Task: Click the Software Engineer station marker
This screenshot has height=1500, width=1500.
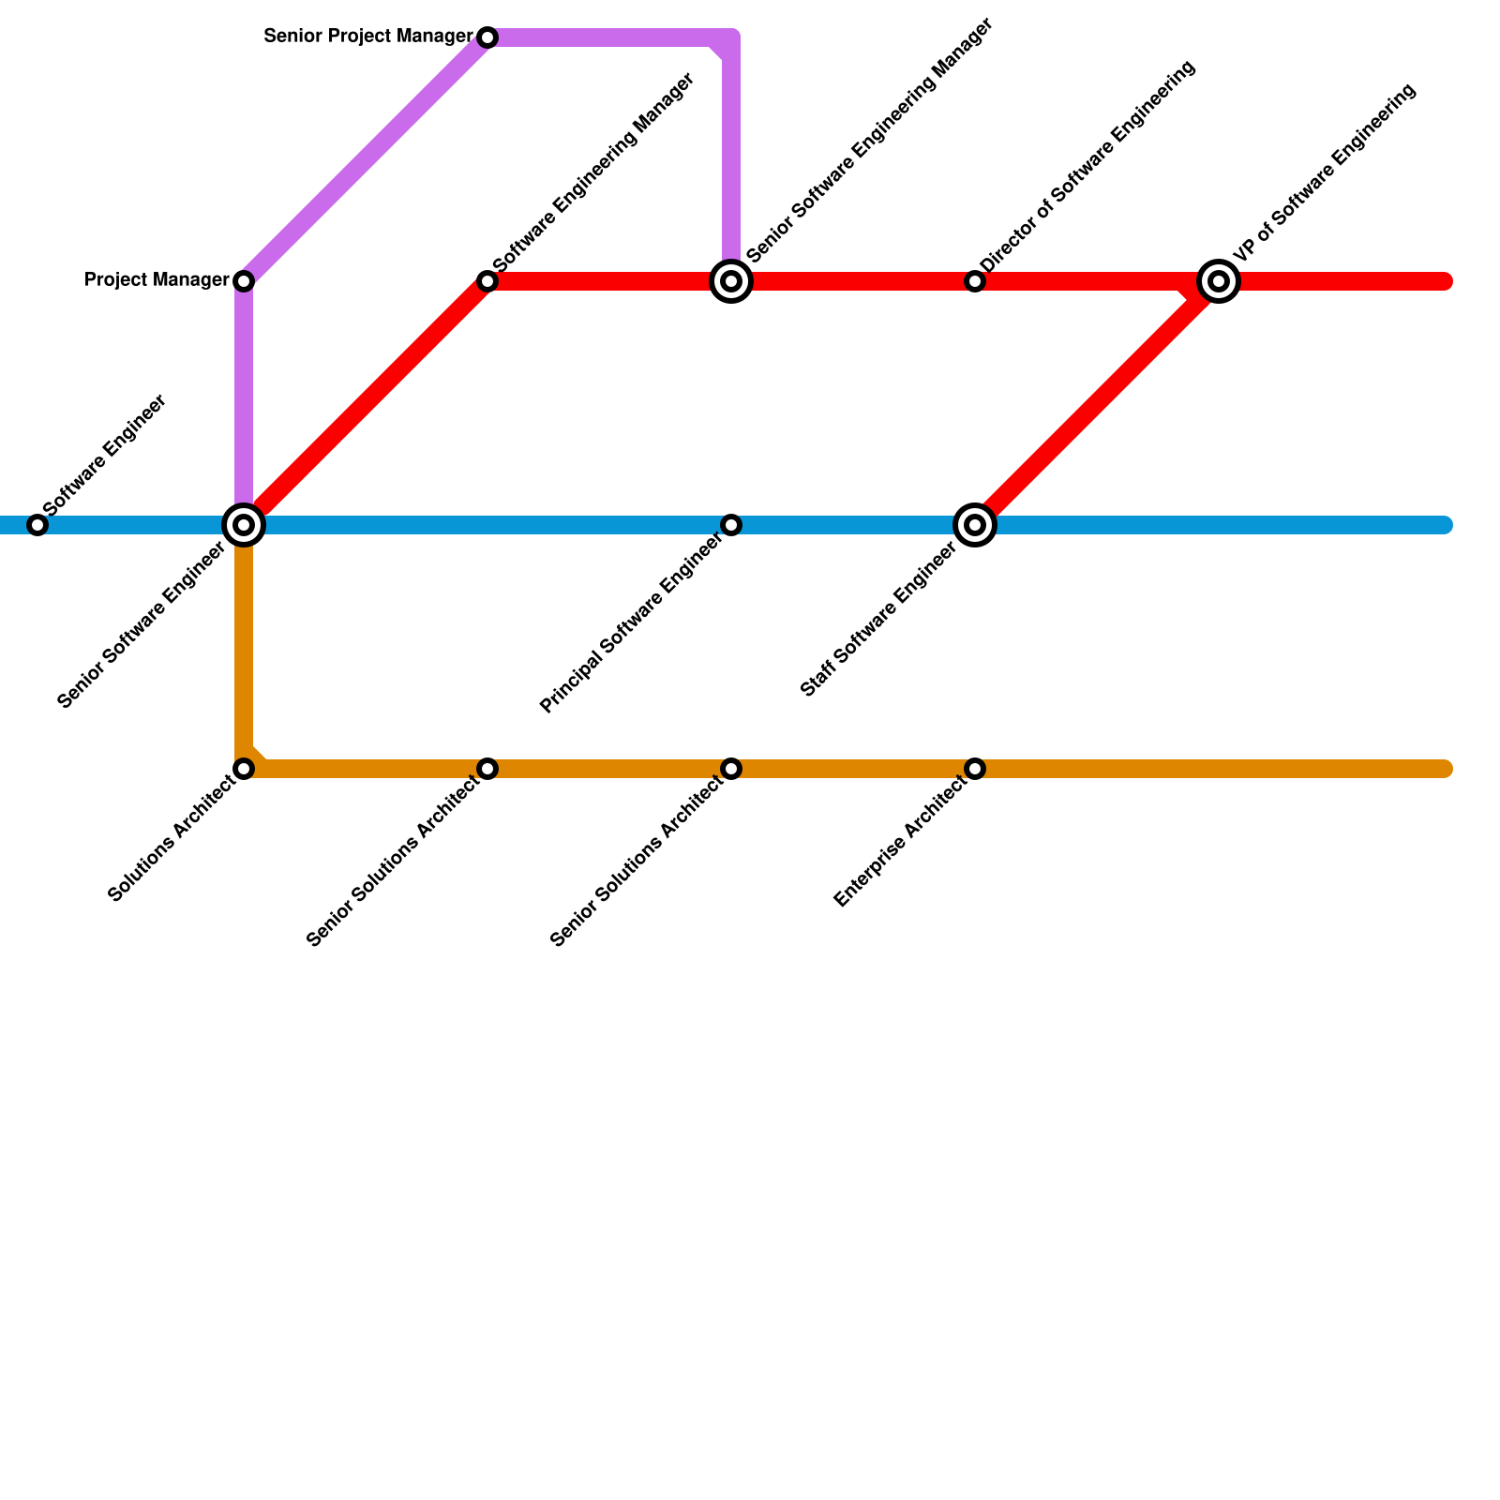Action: pos(37,525)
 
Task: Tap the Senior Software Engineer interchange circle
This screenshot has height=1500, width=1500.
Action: pos(244,525)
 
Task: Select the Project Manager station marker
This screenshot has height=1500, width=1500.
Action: pos(244,281)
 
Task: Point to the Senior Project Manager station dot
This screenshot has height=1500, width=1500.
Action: pos(487,37)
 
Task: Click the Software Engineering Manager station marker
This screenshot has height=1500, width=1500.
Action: pos(487,281)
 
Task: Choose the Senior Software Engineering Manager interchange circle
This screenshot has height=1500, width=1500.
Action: pos(731,281)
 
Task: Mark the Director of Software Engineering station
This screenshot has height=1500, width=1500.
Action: pos(975,281)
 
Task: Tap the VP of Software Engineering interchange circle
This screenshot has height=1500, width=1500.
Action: pos(1219,281)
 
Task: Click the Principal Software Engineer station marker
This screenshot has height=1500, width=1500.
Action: pos(731,525)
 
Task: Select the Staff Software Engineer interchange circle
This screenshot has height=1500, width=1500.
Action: pos(975,525)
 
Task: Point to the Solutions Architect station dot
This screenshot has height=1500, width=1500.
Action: pos(244,769)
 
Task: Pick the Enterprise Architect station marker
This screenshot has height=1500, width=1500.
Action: pos(975,769)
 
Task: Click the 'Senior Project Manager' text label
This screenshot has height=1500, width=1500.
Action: pos(368,37)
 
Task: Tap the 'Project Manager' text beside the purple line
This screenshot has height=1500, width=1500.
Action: pos(157,280)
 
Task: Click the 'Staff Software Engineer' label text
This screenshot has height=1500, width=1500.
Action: pos(878,621)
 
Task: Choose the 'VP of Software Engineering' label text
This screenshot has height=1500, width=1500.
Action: pos(1324,173)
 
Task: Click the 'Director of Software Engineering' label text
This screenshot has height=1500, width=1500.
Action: pos(1088,169)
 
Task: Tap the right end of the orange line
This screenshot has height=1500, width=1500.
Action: pos(1446,769)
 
